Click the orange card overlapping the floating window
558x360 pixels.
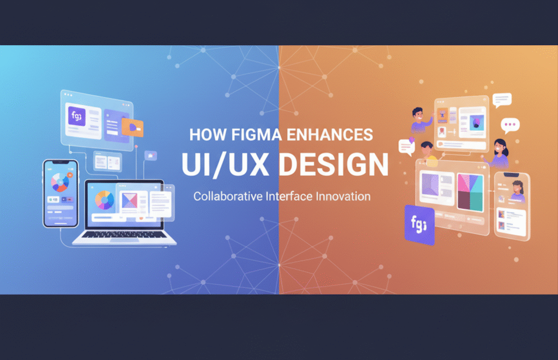(132, 127)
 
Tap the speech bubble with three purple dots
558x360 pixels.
(510, 126)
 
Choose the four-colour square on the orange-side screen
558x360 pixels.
(470, 192)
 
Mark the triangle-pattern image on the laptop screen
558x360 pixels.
(130, 201)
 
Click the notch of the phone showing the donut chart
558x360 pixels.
(60, 163)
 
